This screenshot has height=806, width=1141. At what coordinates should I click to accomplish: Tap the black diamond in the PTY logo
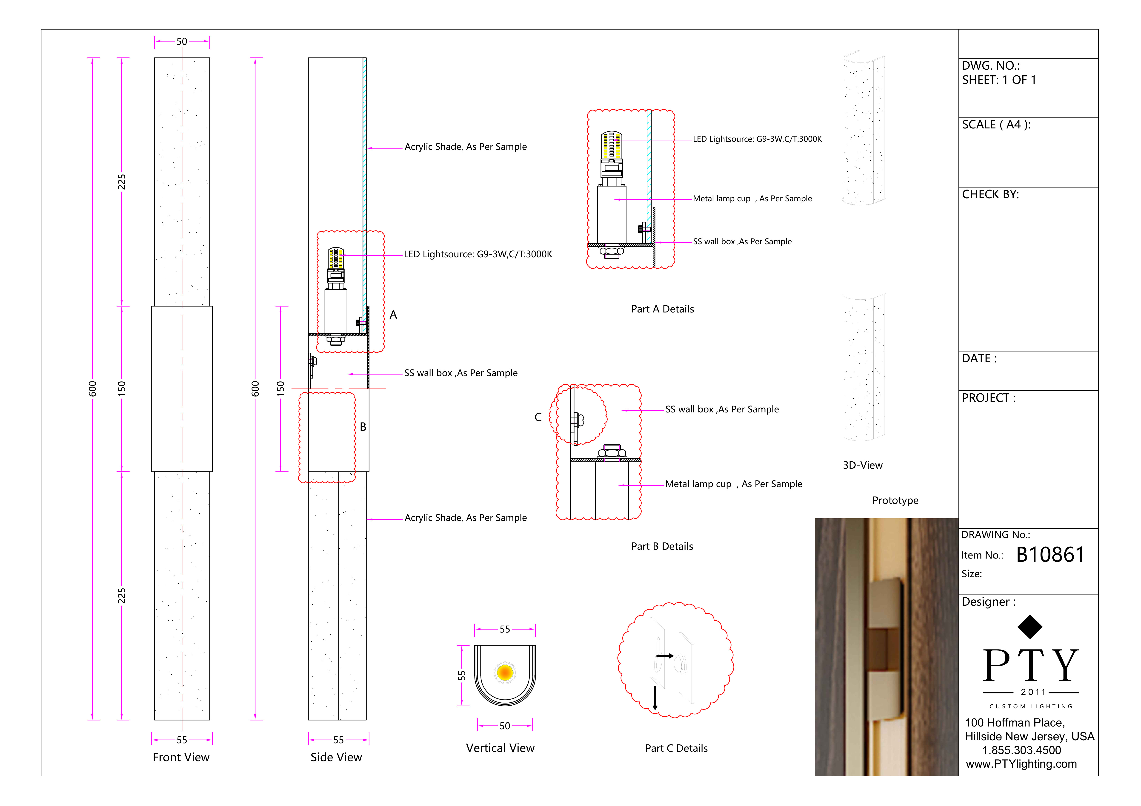tap(1030, 627)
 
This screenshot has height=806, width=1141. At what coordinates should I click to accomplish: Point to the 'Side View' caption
tap(336, 757)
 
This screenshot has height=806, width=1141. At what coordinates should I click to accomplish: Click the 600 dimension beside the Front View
tap(92, 389)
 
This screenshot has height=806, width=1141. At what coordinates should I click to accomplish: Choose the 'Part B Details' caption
tap(662, 546)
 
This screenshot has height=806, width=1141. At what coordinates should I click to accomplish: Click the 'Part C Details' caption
tap(676, 748)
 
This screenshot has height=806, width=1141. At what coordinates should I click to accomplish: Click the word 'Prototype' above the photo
tap(895, 501)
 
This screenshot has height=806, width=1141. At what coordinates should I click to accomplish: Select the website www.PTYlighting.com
tap(1021, 764)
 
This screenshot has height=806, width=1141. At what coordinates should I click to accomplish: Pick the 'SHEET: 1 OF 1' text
tap(999, 80)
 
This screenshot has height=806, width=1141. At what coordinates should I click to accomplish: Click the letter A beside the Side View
tap(393, 315)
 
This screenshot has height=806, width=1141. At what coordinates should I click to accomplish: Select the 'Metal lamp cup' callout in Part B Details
tap(733, 484)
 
